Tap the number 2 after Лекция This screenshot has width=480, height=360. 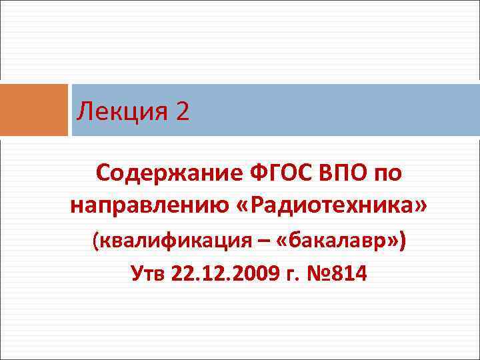(183, 111)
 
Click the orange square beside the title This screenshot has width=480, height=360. (34, 110)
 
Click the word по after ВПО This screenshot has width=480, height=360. (386, 174)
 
